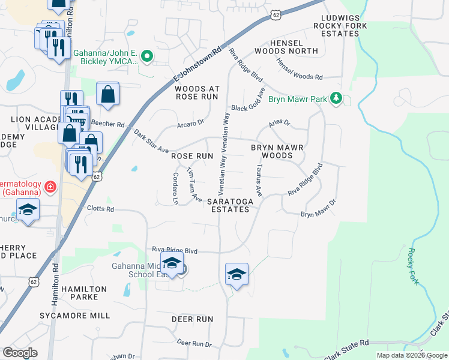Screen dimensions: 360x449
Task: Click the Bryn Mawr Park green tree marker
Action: [337, 98]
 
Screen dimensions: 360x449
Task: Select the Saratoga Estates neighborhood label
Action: [228, 205]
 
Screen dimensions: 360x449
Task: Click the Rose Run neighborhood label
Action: [192, 155]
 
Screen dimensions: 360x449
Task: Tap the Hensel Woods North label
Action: [294, 47]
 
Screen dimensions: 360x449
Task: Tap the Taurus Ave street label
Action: [259, 181]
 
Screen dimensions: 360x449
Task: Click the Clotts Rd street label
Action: [100, 209]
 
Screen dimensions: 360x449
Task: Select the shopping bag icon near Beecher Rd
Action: [107, 94]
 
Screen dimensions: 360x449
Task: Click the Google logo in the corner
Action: [20, 353]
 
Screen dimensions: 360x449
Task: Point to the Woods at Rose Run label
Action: [197, 92]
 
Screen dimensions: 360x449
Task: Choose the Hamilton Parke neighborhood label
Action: [83, 293]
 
